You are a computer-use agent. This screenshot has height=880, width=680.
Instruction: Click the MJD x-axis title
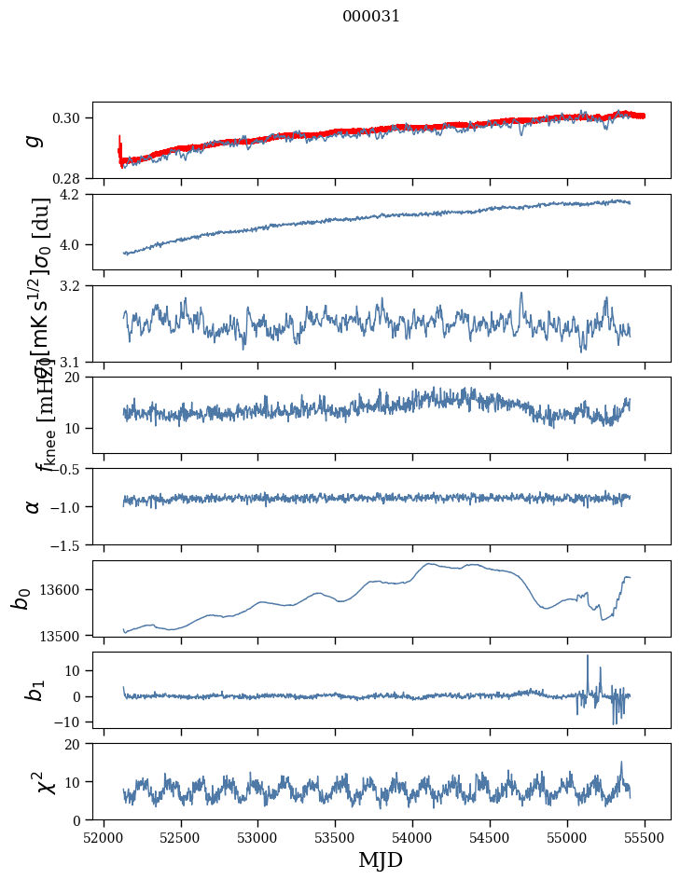381,859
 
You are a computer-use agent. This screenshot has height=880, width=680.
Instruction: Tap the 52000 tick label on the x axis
104,837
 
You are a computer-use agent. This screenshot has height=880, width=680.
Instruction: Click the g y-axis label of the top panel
34,140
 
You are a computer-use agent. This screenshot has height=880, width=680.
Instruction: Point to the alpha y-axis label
34,506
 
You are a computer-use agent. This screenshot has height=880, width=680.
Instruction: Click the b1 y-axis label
34,691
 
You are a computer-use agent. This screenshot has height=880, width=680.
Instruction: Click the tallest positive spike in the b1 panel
588,656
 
